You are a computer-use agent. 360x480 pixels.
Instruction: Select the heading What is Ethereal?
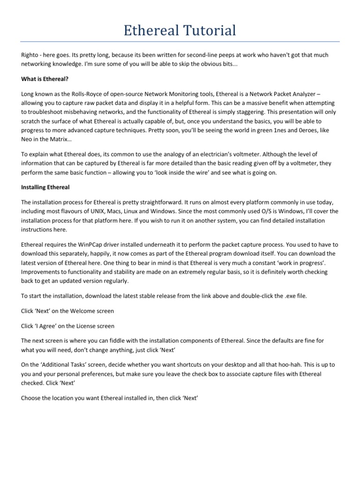pyautogui.click(x=45, y=79)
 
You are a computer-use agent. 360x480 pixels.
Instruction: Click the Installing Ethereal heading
pyautogui.click(x=45, y=187)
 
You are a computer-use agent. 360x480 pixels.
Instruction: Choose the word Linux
pyautogui.click(x=132, y=211)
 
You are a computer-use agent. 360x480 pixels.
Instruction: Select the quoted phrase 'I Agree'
pyautogui.click(x=49, y=326)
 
